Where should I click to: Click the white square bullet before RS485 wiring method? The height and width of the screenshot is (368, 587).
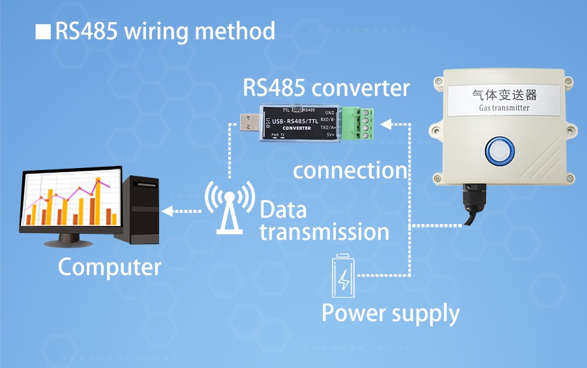pos(42,32)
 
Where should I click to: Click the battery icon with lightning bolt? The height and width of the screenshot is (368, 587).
pos(343,276)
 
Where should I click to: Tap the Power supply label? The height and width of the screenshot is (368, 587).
pos(391,313)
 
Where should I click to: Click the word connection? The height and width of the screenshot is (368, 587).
pos(350,171)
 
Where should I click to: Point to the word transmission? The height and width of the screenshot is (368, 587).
pos(324,231)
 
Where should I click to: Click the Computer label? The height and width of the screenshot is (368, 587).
pos(109,267)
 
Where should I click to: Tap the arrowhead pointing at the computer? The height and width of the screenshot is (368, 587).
pos(167,210)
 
